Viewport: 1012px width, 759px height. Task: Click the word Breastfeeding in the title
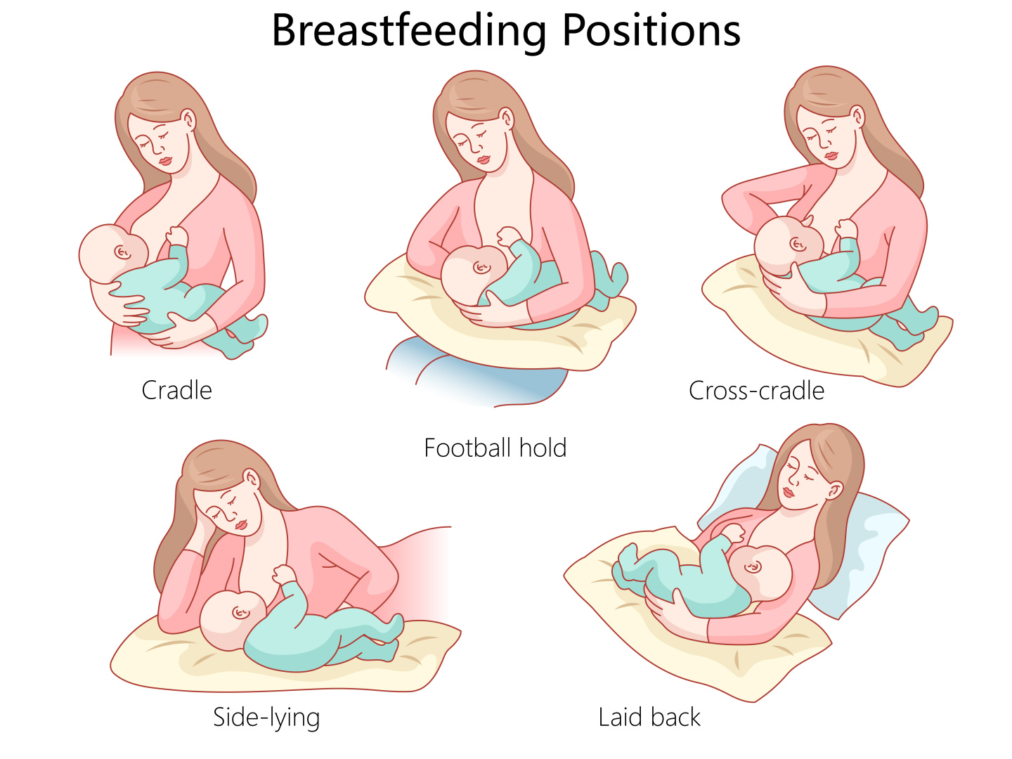[409, 31]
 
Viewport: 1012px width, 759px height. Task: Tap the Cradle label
[176, 390]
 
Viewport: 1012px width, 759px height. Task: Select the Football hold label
[495, 448]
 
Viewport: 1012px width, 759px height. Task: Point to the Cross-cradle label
[756, 391]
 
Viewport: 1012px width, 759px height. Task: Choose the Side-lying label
[266, 718]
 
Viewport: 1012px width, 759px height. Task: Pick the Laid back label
[649, 717]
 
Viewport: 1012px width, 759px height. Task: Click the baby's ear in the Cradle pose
[122, 252]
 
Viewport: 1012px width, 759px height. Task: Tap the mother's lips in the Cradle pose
[165, 161]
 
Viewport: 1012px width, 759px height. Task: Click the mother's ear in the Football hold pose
[506, 119]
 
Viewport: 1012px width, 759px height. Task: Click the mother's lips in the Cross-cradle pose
[831, 155]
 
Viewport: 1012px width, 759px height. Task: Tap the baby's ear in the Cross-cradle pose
[797, 244]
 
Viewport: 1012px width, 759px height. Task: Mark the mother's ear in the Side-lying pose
[252, 481]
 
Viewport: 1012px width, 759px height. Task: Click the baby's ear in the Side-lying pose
[240, 612]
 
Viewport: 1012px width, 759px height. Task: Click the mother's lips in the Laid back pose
[789, 492]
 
